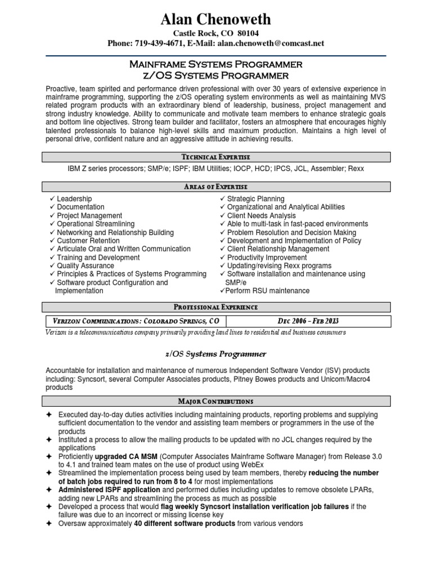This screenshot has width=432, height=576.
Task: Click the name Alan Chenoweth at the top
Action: (x=215, y=20)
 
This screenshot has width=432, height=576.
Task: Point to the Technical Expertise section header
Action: (x=216, y=157)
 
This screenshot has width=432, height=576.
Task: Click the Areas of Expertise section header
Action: (x=216, y=187)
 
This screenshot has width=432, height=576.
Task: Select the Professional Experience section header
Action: (x=216, y=307)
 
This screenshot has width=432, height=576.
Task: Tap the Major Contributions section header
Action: (x=216, y=402)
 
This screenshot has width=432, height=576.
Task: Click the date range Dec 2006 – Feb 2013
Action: (x=308, y=321)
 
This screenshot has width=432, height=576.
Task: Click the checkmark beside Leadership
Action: (x=52, y=199)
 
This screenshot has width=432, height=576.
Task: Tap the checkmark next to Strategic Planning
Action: (x=222, y=199)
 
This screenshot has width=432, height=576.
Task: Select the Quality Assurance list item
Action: (x=85, y=265)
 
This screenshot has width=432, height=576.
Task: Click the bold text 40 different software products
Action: (x=184, y=523)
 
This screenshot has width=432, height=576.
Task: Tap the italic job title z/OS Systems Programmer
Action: (x=216, y=354)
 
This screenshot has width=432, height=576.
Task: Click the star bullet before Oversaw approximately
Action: (x=49, y=523)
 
